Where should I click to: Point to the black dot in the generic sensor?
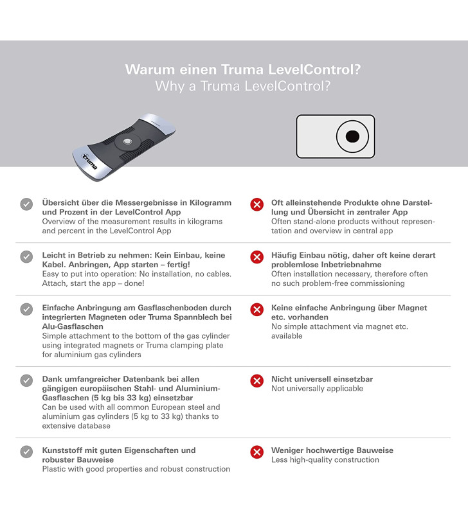[352, 136]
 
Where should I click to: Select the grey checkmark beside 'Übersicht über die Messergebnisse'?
[26, 204]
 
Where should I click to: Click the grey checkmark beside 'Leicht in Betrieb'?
[26, 256]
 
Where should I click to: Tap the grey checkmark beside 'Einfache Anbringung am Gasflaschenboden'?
[26, 309]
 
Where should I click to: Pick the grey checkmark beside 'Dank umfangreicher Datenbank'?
[26, 380]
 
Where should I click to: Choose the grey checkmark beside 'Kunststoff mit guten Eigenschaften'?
[26, 452]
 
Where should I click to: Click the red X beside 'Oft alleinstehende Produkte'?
[256, 204]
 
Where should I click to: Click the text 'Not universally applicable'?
[317, 389]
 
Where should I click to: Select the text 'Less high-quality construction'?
[325, 460]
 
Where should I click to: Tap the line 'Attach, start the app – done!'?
[93, 283]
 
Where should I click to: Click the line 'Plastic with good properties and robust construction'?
[136, 469]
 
